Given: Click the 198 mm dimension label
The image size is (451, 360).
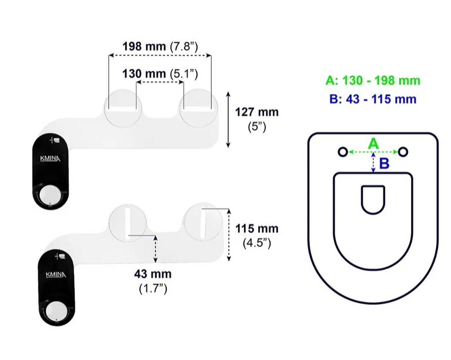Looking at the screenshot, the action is [x=160, y=46].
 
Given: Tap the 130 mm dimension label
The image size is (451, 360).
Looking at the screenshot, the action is [x=160, y=74].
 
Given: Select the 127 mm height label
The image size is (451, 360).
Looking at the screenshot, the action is [x=257, y=119].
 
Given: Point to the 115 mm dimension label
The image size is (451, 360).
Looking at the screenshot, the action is [x=257, y=236].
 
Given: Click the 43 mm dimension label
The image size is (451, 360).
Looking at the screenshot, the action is [x=153, y=281].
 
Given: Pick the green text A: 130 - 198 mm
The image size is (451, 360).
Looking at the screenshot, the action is [x=373, y=80].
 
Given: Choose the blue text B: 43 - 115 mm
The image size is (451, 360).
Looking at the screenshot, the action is [x=373, y=99].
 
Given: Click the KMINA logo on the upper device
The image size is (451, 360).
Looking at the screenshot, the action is [x=50, y=159].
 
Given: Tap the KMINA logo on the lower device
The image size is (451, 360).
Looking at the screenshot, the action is [x=56, y=275].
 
